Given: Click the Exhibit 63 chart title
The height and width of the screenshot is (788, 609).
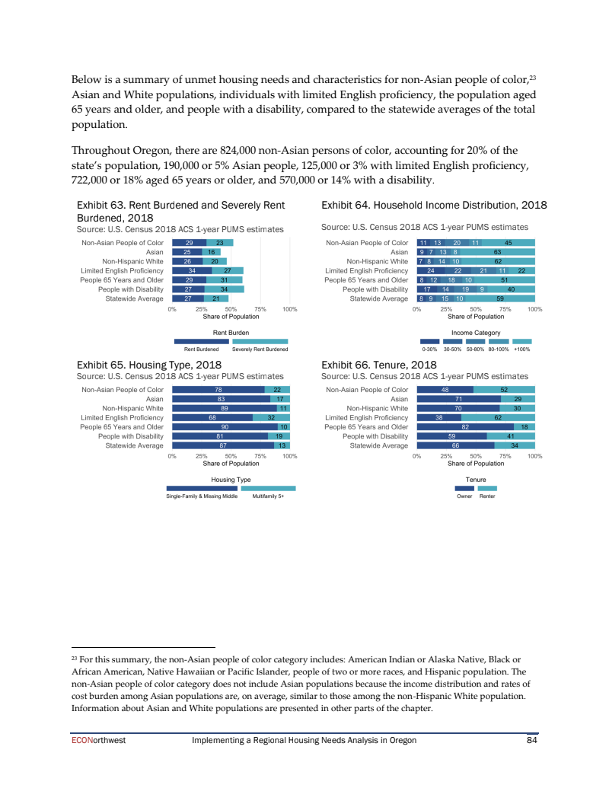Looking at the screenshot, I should point(181,211).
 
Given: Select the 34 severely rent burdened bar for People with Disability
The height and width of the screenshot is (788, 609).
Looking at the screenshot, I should point(225,289).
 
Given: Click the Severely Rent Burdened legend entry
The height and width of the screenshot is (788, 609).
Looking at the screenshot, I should point(260,349).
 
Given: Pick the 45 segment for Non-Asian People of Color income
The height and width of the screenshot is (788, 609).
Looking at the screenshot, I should point(508,242).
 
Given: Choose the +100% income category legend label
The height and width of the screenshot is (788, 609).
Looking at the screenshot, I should point(522,349).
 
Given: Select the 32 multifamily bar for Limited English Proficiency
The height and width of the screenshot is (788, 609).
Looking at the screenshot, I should point(270,418).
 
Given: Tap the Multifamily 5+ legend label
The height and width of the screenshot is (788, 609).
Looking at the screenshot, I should point(268,496).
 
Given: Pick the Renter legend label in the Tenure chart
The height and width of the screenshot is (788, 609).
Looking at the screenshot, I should point(487,496).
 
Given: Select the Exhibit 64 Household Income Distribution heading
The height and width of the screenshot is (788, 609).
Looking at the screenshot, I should point(434,205).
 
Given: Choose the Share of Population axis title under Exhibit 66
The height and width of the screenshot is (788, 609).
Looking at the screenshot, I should point(476,463).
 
